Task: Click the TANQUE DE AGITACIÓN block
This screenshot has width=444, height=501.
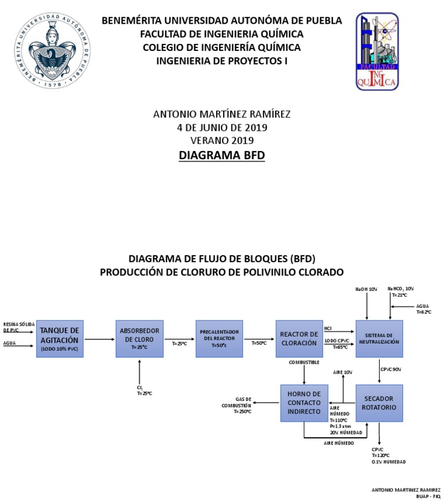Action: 61,339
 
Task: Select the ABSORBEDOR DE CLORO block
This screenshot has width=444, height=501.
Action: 139,339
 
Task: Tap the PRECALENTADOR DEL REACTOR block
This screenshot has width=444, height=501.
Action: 219,339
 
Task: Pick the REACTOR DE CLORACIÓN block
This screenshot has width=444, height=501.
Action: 299,339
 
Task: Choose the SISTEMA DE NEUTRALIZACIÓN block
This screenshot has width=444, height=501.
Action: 379,339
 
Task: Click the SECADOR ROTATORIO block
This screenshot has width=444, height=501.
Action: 379,403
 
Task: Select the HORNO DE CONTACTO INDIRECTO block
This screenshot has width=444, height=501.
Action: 304,403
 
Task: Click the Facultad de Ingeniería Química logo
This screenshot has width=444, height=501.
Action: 376,51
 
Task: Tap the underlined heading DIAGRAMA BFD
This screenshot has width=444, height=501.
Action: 221,156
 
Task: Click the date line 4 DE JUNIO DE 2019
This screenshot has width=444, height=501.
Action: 221,127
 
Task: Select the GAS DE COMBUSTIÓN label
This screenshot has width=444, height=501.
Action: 237,406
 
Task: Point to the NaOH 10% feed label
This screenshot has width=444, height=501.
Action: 367,289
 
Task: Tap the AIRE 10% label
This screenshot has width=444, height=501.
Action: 343,372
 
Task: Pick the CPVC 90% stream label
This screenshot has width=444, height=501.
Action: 391,369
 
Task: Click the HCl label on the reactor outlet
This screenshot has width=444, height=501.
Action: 328,328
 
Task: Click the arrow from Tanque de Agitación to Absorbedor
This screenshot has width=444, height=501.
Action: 99,339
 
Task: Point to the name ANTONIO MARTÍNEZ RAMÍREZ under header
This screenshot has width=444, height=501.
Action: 221,114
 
